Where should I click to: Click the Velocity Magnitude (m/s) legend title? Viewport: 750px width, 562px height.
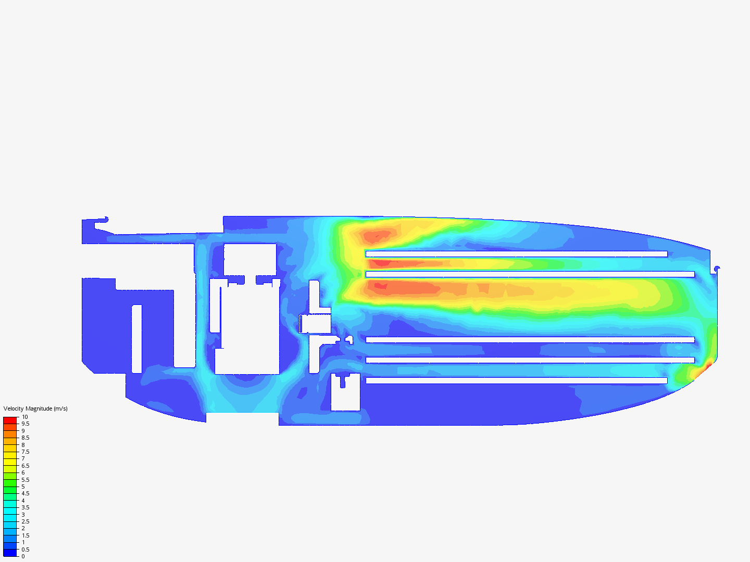point(35,408)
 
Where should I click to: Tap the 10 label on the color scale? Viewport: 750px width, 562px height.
point(24,417)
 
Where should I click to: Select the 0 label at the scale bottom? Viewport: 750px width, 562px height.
point(23,556)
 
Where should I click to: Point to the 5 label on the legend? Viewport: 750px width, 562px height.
point(23,487)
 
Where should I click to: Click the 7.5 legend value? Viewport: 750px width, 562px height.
point(26,452)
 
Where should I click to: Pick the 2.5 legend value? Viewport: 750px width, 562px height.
point(26,521)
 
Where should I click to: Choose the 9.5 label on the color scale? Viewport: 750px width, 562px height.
point(26,424)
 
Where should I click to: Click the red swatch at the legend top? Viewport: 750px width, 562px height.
point(10,420)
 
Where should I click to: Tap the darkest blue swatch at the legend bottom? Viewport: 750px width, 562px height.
point(10,553)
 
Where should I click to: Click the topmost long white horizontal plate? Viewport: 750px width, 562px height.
point(516,254)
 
